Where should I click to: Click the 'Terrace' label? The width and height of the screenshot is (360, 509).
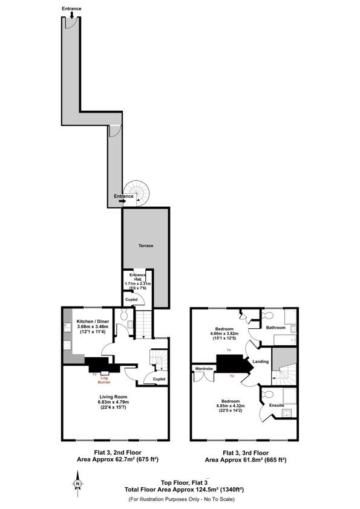point(145,246)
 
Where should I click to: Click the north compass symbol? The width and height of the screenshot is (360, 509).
point(77,483)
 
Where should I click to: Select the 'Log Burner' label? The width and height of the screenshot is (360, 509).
point(105,379)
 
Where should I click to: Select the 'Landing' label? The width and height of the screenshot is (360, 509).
point(260,361)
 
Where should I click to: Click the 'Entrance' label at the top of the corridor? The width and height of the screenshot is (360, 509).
point(71,9)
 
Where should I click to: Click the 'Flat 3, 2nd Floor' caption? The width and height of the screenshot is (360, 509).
point(114,453)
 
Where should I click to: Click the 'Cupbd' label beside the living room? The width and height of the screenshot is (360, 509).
point(159,380)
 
